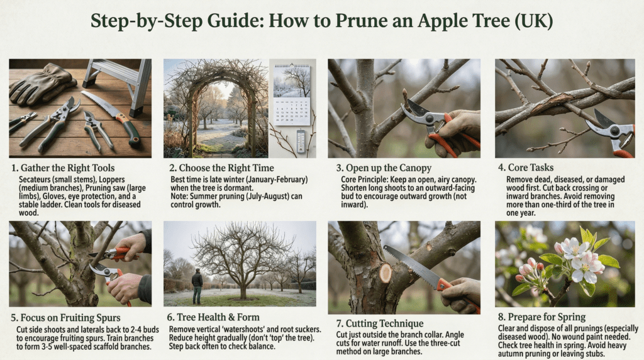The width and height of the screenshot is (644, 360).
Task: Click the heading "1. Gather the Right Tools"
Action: click(x=63, y=167)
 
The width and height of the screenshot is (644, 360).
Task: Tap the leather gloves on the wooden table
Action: click(x=42, y=84)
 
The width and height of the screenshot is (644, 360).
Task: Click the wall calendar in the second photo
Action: click(x=292, y=94)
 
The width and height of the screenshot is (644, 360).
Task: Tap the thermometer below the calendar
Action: click(x=301, y=141)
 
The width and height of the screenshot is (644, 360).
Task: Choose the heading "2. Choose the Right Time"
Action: click(x=221, y=167)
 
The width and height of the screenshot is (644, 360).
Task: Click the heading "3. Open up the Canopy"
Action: click(x=384, y=167)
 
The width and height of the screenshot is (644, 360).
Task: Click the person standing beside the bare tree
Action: click(x=197, y=286)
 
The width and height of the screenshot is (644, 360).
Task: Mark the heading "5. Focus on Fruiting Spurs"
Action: click(x=65, y=318)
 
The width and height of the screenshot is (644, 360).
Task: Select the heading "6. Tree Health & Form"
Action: click(x=213, y=317)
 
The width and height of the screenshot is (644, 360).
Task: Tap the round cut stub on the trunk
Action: click(x=386, y=273)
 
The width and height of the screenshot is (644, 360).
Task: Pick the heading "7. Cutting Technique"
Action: click(x=379, y=323)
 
